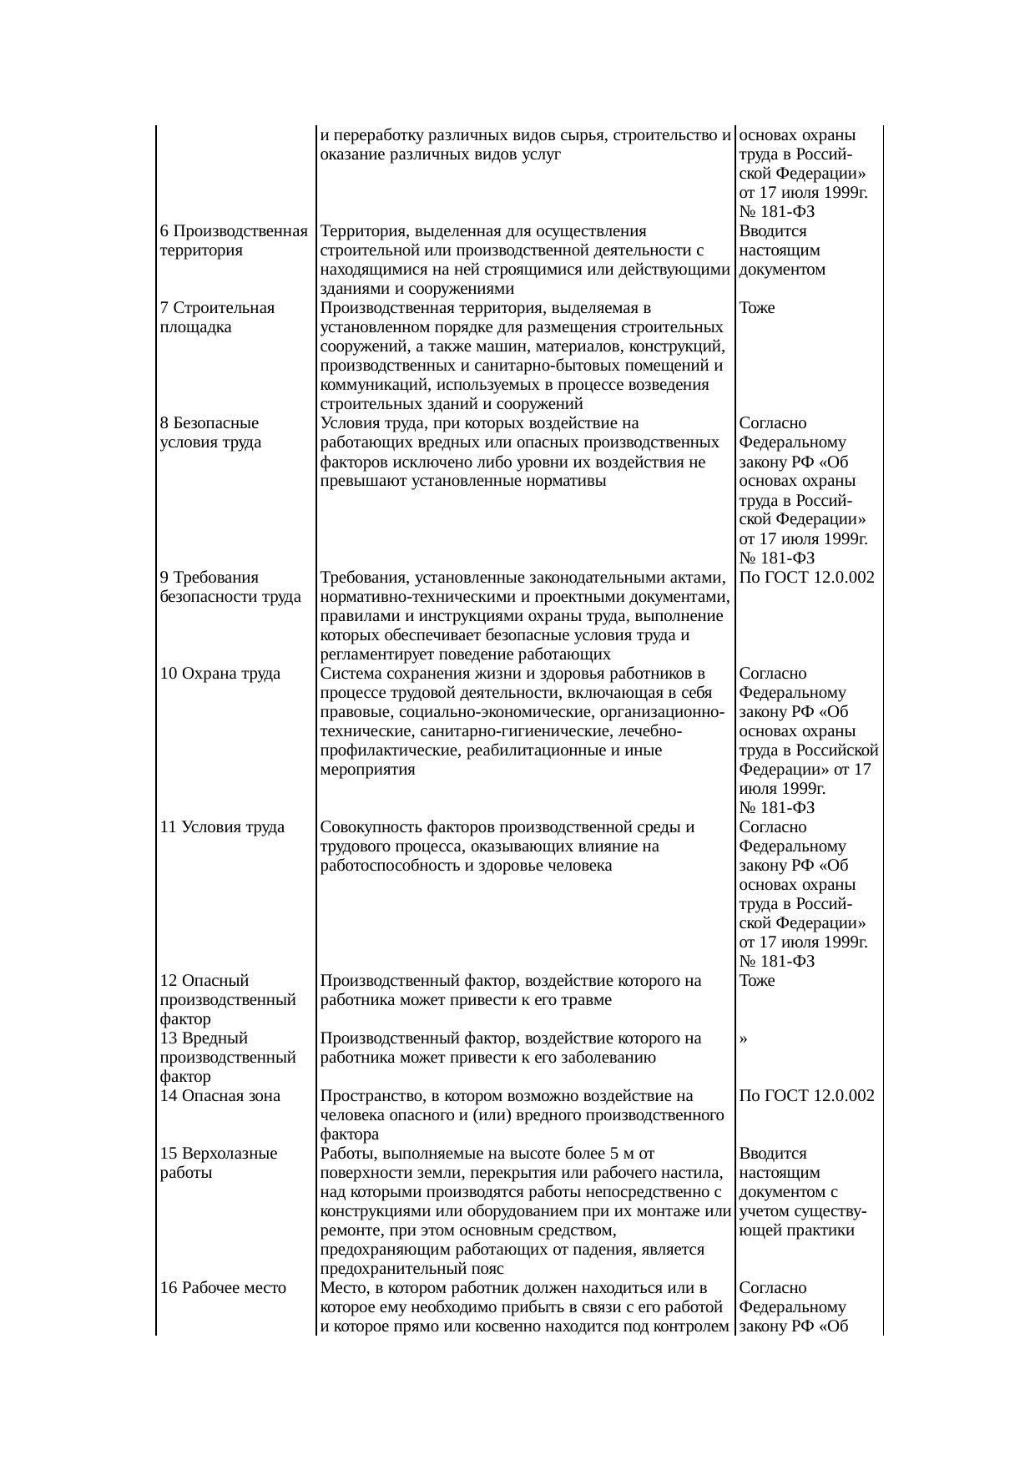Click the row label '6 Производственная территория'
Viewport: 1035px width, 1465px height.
coord(233,240)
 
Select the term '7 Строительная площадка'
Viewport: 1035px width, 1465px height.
coord(217,317)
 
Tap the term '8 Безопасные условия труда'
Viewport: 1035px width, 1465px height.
coord(210,432)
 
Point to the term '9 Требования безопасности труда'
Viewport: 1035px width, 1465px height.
coord(230,587)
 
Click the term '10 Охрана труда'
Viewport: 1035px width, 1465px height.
coord(220,673)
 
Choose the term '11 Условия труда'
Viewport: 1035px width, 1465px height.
coord(221,827)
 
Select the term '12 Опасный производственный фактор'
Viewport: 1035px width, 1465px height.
coord(227,999)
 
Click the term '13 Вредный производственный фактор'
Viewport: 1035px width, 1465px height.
coord(227,1057)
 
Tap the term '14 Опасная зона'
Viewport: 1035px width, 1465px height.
coord(220,1096)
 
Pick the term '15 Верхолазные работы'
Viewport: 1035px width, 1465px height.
coord(218,1163)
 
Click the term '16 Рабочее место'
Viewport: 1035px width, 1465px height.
coord(222,1288)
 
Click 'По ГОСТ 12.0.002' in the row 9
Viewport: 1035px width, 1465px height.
coord(806,578)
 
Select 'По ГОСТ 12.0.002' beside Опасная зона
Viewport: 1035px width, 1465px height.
coord(806,1096)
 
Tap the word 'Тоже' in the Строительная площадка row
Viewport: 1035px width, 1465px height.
coord(756,308)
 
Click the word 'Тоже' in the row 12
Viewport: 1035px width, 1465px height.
coord(756,981)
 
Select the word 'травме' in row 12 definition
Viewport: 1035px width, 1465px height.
coord(589,1000)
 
